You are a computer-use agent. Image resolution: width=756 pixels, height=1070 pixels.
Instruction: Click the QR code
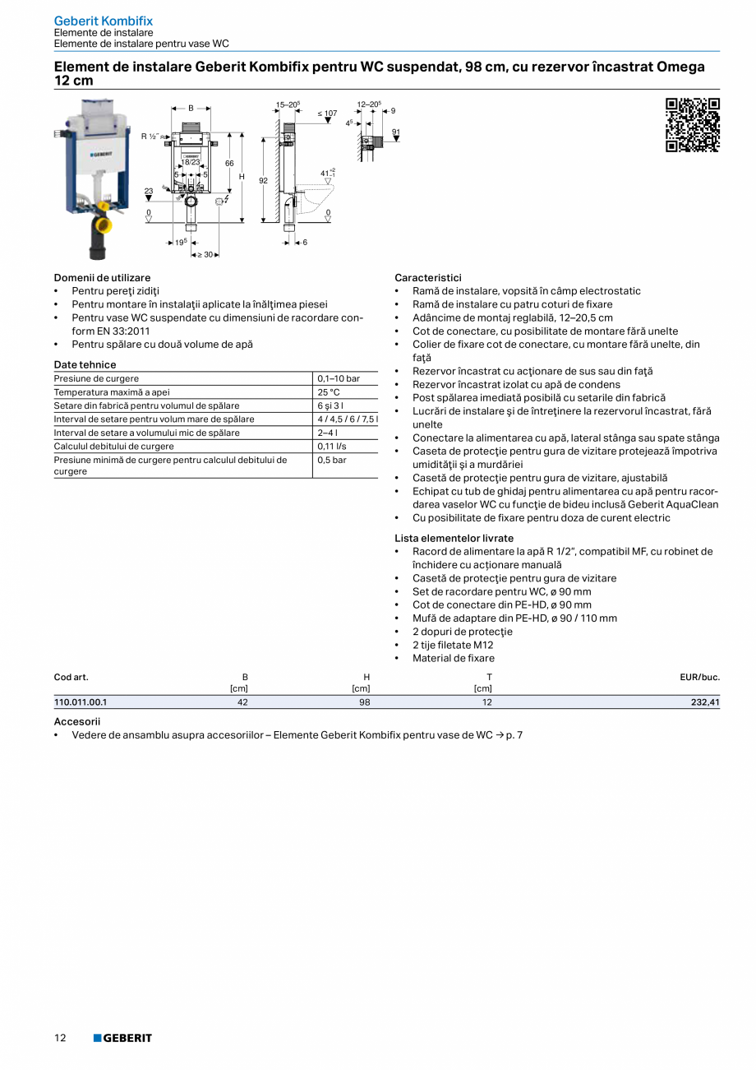coord(692,125)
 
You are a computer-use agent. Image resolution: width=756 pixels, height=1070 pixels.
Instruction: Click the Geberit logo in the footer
coord(122,1038)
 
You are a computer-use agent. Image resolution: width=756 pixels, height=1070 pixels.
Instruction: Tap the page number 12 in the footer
coord(60,1038)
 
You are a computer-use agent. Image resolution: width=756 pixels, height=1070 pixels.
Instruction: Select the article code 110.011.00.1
coord(81,702)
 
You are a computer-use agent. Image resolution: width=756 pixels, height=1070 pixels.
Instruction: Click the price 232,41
coord(705,702)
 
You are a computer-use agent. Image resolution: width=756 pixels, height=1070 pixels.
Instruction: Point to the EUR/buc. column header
coord(699,678)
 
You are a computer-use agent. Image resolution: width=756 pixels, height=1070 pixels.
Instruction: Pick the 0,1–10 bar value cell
coord(339,379)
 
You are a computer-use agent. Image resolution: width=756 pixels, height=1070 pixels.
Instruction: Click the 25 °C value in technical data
coord(329,392)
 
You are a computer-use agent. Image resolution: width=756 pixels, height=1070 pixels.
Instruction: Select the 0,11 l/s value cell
coord(332,447)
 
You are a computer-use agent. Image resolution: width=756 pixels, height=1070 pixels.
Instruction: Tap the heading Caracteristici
coord(427,278)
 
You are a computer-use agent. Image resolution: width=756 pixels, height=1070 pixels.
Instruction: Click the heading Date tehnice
coord(85,364)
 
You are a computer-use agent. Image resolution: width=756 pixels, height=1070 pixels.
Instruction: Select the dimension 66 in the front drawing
coord(229,164)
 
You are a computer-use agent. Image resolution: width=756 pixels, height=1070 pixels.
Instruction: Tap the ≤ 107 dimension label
coord(327,113)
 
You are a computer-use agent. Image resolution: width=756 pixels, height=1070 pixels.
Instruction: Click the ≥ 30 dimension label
coord(205,255)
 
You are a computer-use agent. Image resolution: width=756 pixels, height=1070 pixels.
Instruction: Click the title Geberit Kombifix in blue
coord(103,21)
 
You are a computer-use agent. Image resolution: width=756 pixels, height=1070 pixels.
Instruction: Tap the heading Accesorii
coord(77,721)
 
